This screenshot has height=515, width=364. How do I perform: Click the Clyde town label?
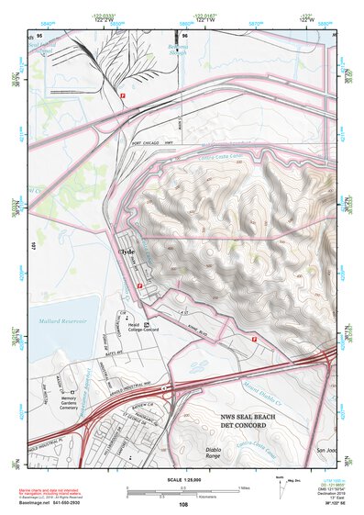click(x=127, y=251)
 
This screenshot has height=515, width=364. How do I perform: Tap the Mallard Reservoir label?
click(x=61, y=320)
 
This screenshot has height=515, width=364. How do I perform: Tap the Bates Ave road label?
click(x=114, y=352)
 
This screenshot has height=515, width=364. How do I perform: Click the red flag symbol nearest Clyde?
click(x=139, y=286)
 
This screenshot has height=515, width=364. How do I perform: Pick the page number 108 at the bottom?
click(x=182, y=505)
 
